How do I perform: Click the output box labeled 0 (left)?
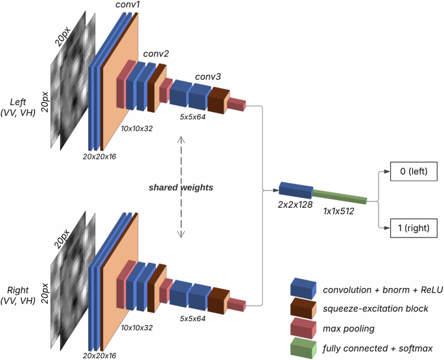(x=414, y=173)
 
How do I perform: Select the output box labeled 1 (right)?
(x=414, y=228)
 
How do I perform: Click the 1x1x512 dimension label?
(x=338, y=210)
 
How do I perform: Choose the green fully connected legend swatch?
(x=303, y=350)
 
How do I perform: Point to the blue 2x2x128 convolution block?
(x=296, y=190)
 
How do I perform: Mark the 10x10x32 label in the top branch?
(x=137, y=128)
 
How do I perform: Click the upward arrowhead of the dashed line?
(x=181, y=139)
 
